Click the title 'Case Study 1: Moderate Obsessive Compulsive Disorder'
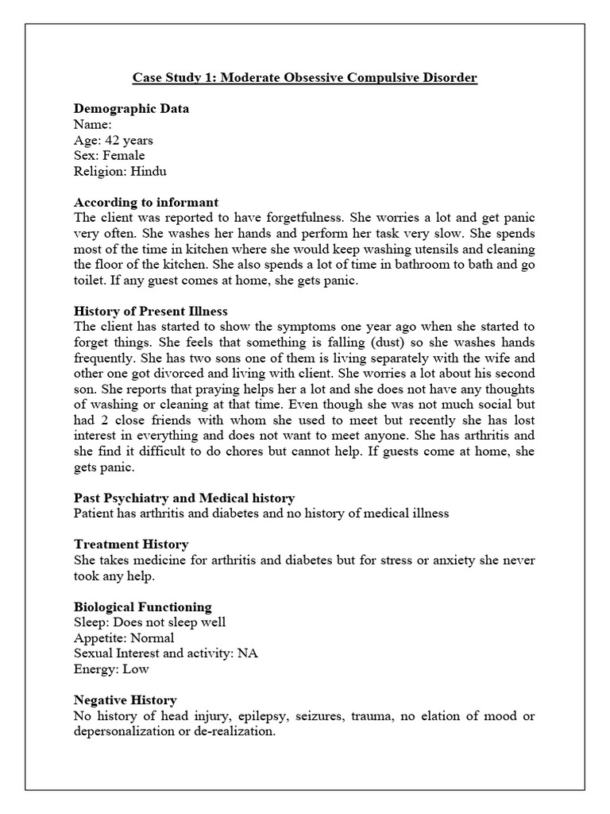pos(304,79)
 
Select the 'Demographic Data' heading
pos(131,109)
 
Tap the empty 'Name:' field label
pos(92,124)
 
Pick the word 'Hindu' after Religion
pos(149,171)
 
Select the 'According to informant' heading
pos(145,202)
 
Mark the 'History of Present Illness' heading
pos(151,311)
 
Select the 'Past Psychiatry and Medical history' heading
pos(184,498)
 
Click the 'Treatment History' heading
pos(131,545)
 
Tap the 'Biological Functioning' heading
pos(142,607)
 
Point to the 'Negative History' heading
pos(125,700)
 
